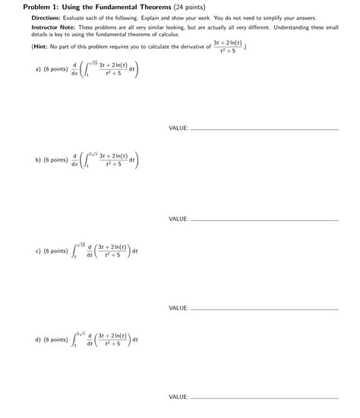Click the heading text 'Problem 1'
tap(39, 6)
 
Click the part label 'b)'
tap(37, 160)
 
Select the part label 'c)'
tap(37, 250)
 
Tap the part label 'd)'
tap(37, 340)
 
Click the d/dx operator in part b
tap(74, 160)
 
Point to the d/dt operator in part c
tap(90, 250)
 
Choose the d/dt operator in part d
tap(90, 340)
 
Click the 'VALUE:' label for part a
tap(178, 128)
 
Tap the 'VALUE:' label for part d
tap(178, 397)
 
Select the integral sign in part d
tap(75, 340)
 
